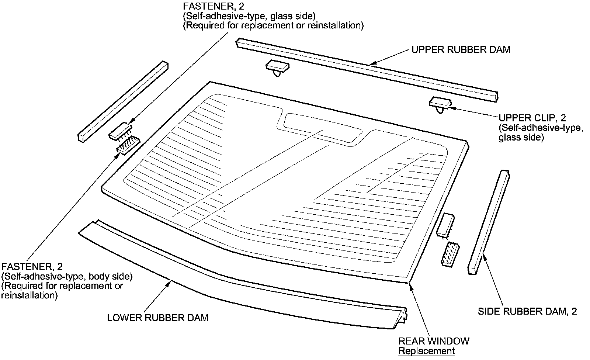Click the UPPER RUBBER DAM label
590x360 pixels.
point(461,50)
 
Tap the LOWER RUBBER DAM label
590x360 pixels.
point(157,318)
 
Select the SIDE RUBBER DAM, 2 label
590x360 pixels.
point(527,311)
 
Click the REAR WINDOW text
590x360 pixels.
point(434,341)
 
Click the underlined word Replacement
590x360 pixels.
point(426,351)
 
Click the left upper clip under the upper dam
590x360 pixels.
point(277,67)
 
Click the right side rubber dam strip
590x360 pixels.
point(489,222)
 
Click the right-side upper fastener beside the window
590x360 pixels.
point(445,225)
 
